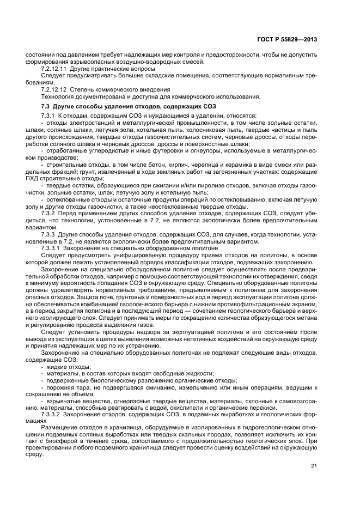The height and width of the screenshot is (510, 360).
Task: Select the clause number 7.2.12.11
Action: coord(55,70)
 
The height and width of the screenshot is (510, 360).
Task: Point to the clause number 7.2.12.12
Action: coord(55,89)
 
